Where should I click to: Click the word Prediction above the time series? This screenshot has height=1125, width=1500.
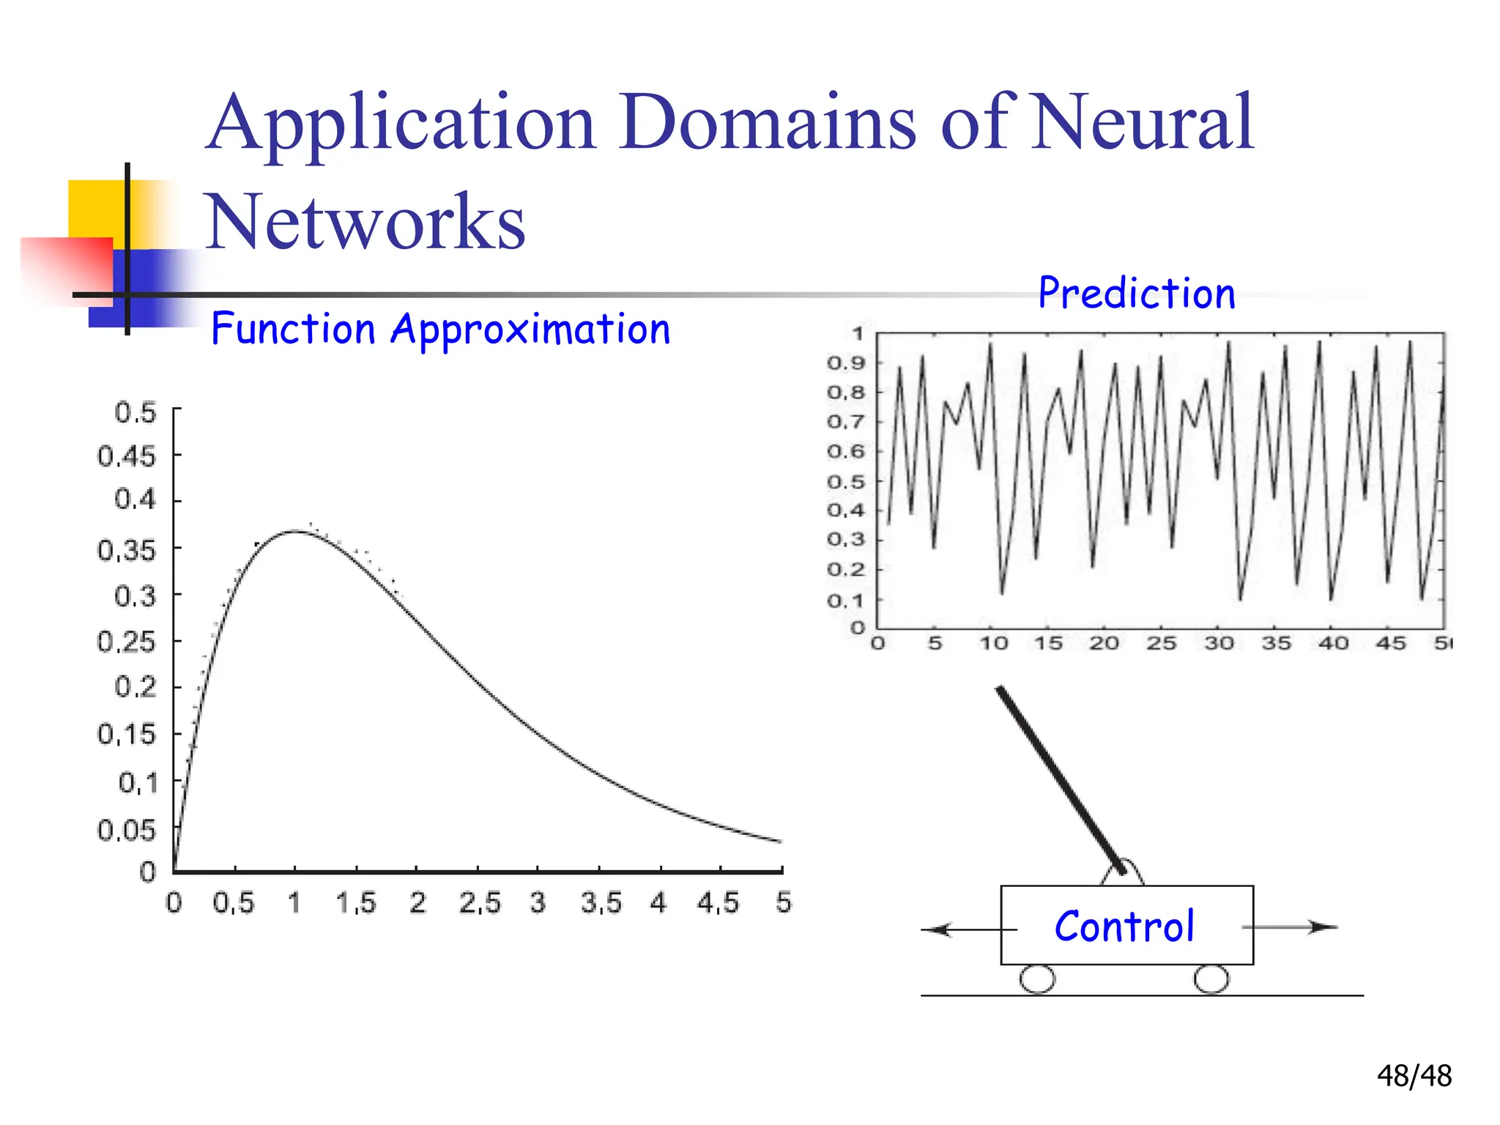(1137, 294)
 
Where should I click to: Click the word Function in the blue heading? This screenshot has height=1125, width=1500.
(293, 329)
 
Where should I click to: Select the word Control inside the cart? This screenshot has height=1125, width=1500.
(1124, 927)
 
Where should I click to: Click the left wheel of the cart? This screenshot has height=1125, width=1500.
(1037, 979)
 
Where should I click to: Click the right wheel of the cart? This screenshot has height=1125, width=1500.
(1211, 979)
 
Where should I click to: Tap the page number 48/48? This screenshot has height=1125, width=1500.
(1414, 1076)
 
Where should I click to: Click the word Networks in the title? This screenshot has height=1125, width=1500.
(365, 221)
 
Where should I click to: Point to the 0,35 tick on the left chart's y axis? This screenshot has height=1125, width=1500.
(127, 550)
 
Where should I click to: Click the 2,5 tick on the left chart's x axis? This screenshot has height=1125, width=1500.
(480, 903)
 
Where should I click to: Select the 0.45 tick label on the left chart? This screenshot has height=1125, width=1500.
(127, 456)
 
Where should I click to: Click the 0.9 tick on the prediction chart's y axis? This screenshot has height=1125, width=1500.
(846, 363)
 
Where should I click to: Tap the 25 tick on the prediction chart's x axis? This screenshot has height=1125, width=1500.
(1161, 644)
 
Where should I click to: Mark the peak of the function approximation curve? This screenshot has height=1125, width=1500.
(294, 532)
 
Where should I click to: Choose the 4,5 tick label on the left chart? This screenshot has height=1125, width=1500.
(719, 903)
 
